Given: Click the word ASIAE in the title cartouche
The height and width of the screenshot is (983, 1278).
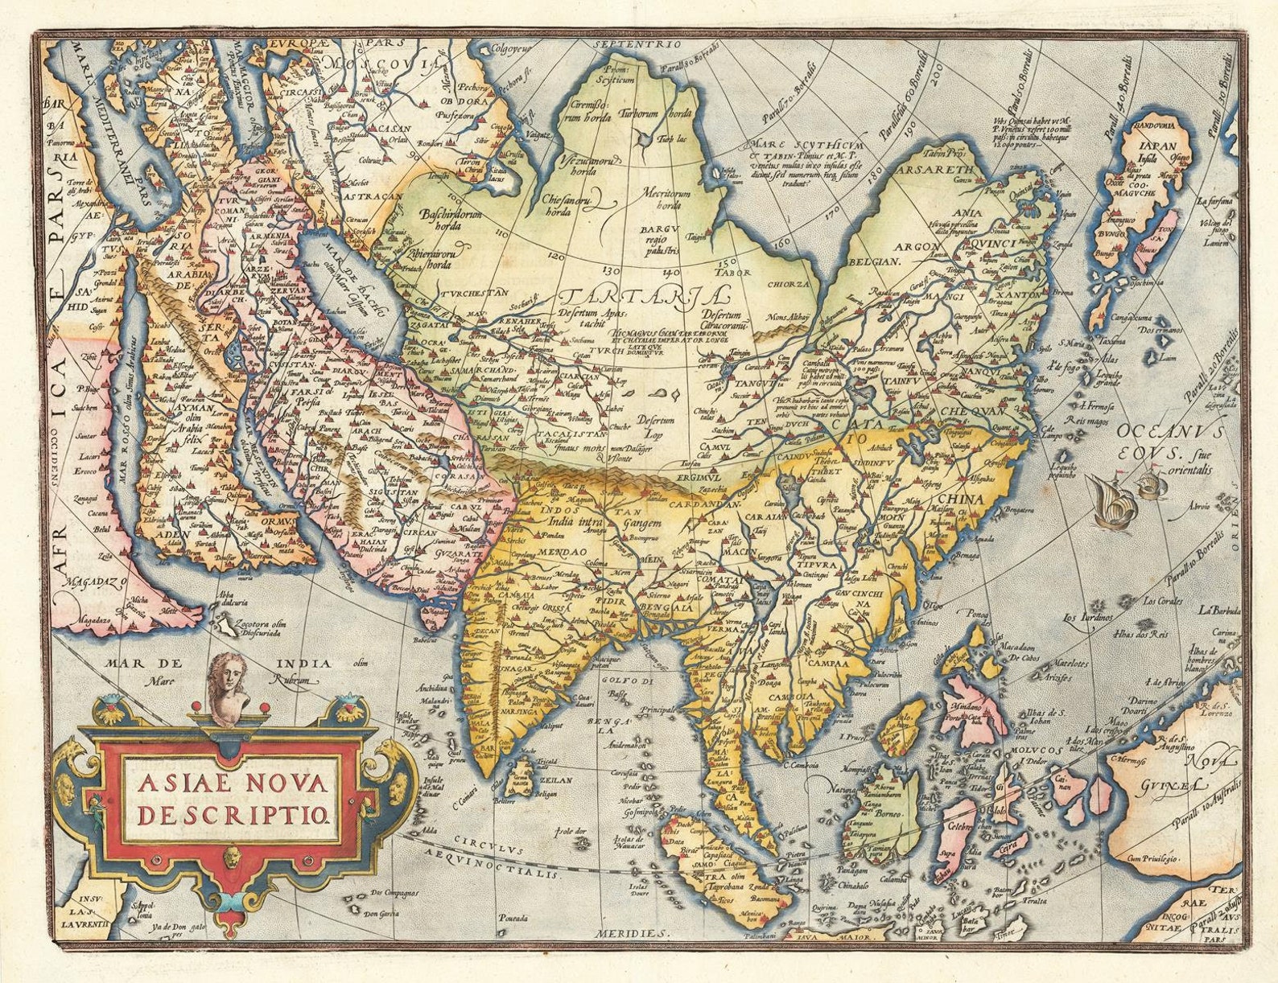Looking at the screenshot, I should tap(183, 783).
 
